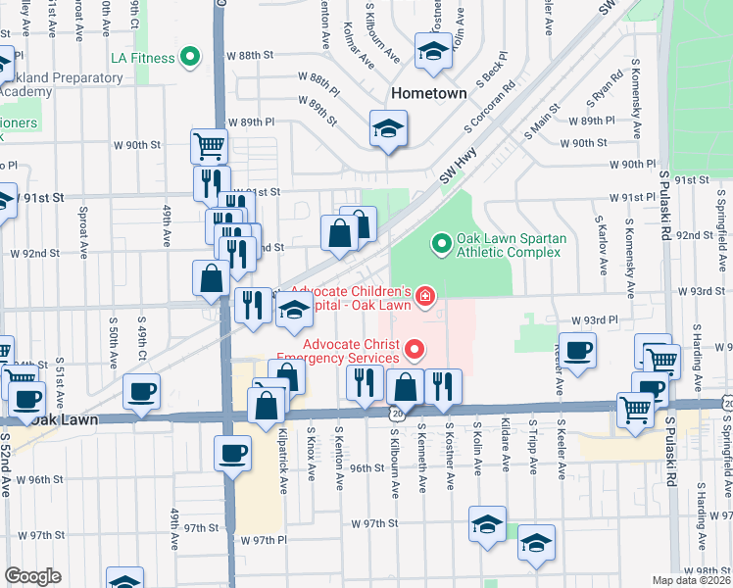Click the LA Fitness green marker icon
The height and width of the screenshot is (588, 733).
[192, 58]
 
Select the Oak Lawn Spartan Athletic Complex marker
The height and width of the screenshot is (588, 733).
[440, 241]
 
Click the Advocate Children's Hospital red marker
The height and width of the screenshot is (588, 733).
[424, 294]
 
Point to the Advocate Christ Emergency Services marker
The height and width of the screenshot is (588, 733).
[414, 349]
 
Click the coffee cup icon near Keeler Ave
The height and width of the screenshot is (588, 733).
[578, 350]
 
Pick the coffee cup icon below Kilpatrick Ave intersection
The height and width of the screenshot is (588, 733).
[233, 453]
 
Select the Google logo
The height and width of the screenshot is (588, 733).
[32, 575]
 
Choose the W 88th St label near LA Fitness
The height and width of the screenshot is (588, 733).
[251, 55]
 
